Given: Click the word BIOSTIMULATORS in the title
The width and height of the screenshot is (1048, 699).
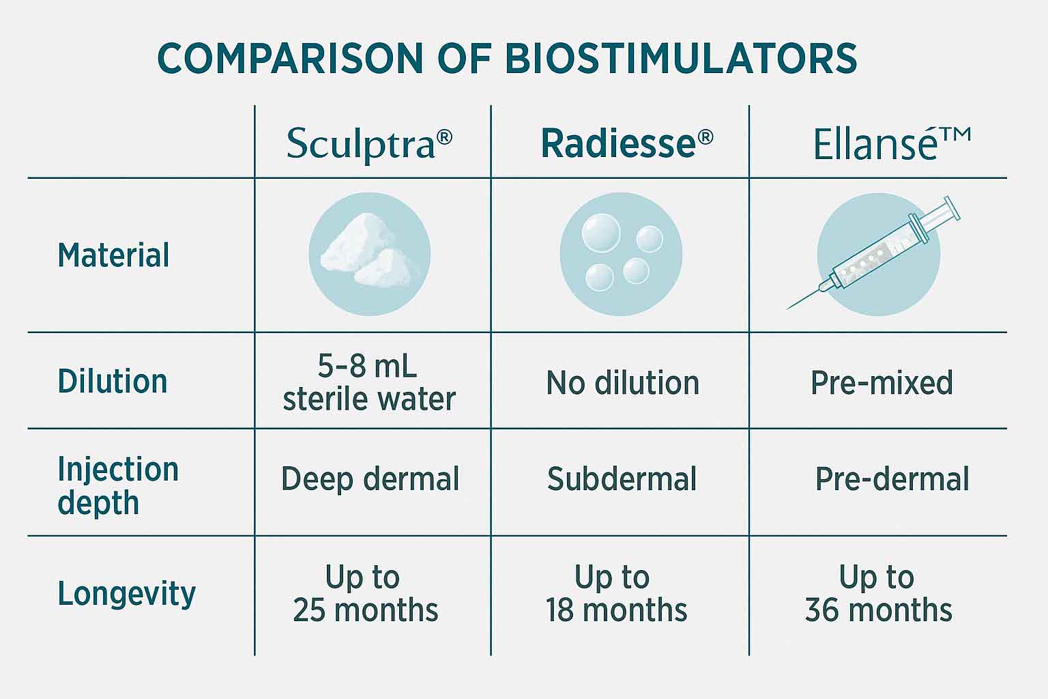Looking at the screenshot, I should (x=681, y=59).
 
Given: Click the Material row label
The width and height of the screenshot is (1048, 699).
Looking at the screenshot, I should (x=113, y=255).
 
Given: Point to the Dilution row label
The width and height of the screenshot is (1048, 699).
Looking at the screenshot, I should (x=113, y=381).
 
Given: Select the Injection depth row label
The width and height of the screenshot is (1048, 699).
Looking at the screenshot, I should (x=117, y=485).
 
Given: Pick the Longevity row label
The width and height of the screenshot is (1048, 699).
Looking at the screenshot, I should (x=126, y=593).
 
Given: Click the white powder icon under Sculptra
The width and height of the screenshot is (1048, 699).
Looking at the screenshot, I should (x=369, y=255).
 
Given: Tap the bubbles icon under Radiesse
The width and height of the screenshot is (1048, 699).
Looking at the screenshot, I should (x=621, y=254).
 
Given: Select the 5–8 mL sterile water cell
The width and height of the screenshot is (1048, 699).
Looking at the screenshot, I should (x=368, y=382).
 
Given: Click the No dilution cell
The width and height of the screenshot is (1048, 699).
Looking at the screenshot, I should (x=622, y=383).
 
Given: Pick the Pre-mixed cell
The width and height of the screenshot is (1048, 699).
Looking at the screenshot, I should (x=882, y=383).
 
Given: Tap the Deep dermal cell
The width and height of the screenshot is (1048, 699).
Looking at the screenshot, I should (x=370, y=479).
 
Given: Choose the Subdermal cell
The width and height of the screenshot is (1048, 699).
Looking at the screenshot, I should (x=622, y=479).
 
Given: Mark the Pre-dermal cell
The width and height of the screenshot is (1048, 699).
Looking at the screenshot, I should (x=892, y=479).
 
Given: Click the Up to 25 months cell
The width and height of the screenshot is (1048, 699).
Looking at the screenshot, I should (x=365, y=593).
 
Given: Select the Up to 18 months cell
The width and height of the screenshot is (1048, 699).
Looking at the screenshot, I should (x=616, y=593).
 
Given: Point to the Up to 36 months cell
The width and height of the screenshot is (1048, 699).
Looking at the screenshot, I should (x=878, y=593).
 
